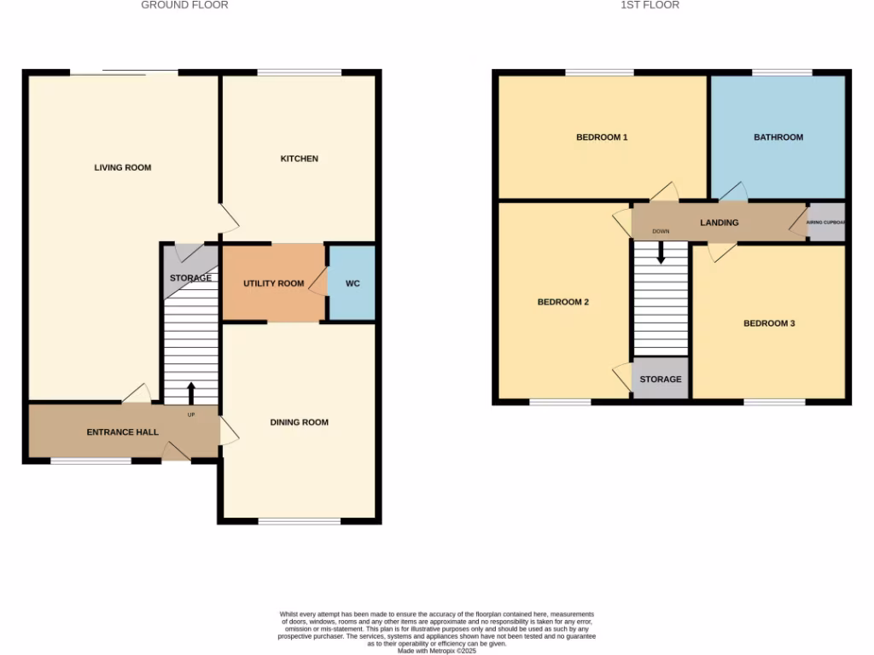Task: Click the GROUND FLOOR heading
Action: click(x=184, y=5)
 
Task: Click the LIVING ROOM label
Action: click(x=123, y=167)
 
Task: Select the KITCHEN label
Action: click(x=300, y=159)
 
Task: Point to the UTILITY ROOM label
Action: click(x=273, y=283)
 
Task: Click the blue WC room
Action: click(x=353, y=283)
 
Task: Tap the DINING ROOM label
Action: click(x=299, y=422)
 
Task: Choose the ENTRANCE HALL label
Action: click(x=123, y=432)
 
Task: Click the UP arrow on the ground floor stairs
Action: click(x=190, y=393)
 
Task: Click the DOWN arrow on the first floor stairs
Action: click(x=661, y=252)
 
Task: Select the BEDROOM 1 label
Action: click(x=602, y=137)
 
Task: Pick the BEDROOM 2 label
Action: click(x=562, y=302)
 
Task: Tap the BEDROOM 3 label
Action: click(x=769, y=323)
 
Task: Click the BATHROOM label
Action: click(x=778, y=137)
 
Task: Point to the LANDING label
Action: click(x=719, y=223)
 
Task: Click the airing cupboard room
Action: click(x=826, y=223)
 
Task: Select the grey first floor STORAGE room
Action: click(x=661, y=379)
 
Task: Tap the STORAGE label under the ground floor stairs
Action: click(x=190, y=278)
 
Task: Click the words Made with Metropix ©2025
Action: click(x=437, y=650)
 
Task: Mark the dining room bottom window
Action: click(x=300, y=520)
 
